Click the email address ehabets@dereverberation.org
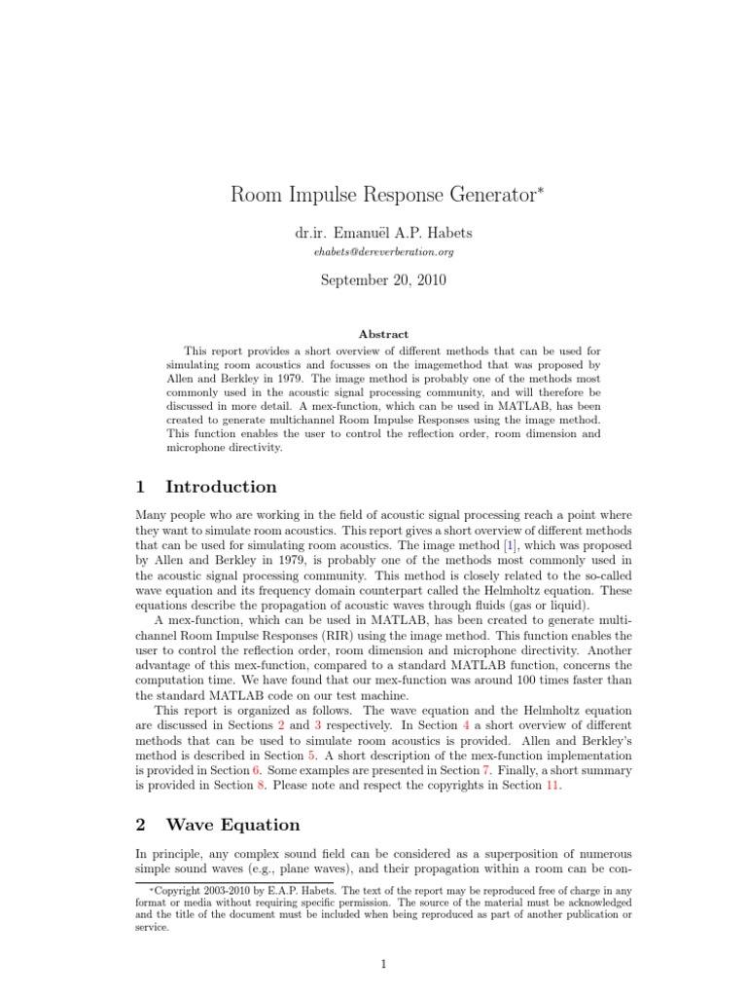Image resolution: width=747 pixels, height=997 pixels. [383, 252]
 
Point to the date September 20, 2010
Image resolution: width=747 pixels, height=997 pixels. [383, 280]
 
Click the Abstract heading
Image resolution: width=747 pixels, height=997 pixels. [383, 333]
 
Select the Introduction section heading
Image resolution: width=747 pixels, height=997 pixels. [221, 487]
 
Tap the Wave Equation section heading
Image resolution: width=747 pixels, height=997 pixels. [232, 825]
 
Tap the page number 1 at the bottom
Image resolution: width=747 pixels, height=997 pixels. [383, 964]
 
